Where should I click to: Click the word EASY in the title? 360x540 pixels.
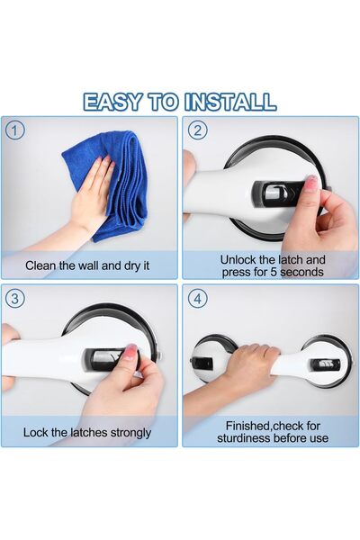coord(112,102)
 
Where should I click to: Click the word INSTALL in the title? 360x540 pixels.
coord(230,102)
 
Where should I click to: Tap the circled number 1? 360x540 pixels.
coord(14,130)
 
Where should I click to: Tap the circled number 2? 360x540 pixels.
coord(198,130)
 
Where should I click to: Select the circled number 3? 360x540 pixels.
coord(14,298)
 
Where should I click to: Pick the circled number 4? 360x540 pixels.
coord(198,298)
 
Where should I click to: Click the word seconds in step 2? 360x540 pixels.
coord(301,272)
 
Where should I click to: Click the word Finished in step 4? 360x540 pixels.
coord(248,426)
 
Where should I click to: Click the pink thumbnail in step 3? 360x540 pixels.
coord(130,352)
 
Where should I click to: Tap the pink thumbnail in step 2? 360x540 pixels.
coord(310,182)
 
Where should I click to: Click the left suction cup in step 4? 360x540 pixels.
coord(211,358)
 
